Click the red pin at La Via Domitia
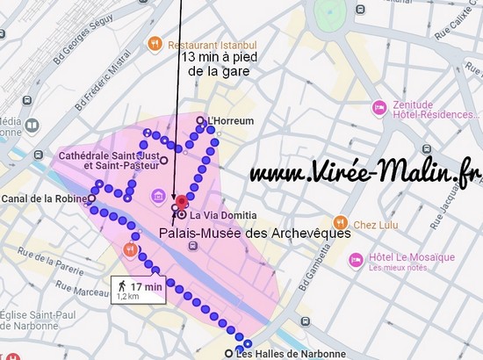point(182,208)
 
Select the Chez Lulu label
point(377,222)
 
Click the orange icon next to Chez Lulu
point(343,222)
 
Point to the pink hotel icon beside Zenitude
point(378,106)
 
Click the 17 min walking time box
point(140,289)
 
